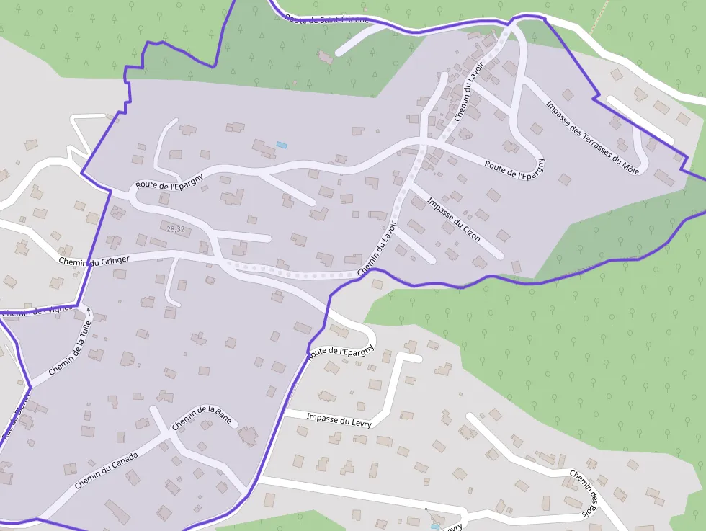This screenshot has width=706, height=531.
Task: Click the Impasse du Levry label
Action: tap(339, 420)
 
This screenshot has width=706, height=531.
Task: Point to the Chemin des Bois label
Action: tap(584, 492)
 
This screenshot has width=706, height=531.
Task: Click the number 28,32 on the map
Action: tap(175, 229)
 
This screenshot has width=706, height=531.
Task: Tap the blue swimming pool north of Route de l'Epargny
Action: tap(282, 145)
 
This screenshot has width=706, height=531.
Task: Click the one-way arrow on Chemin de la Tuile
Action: tap(89, 311)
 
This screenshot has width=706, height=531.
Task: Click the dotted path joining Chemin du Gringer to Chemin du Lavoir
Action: tap(288, 273)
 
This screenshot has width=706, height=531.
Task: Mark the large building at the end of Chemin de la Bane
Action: tap(249, 435)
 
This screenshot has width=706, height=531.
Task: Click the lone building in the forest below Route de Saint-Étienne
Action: tap(325, 55)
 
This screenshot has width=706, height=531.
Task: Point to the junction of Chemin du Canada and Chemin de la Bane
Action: tap(166, 434)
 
